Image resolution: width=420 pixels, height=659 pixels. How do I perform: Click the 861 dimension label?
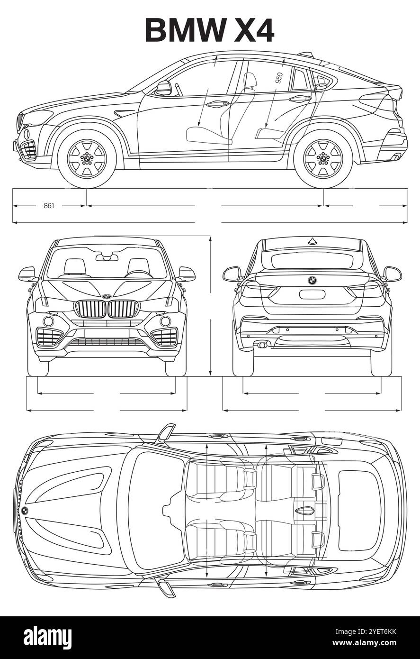[x=49, y=206]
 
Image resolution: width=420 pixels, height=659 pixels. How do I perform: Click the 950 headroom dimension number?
[x=279, y=77]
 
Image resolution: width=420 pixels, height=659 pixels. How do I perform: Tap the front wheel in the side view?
[x=87, y=158]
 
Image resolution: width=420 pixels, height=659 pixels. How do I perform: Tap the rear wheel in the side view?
[x=323, y=158]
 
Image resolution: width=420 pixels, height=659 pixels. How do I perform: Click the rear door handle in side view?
[x=299, y=99]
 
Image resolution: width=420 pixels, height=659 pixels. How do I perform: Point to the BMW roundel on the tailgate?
[x=312, y=280]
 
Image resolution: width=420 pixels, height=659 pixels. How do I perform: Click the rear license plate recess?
[x=312, y=294]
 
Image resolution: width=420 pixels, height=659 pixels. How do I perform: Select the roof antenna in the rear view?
[x=312, y=241]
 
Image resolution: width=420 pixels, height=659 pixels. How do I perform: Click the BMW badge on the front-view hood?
[x=107, y=296]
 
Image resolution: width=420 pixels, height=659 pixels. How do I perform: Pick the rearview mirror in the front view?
[x=107, y=257]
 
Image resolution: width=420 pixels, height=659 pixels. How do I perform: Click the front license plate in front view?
[x=107, y=333]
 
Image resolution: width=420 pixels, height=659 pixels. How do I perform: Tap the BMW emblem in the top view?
[x=25, y=510]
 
